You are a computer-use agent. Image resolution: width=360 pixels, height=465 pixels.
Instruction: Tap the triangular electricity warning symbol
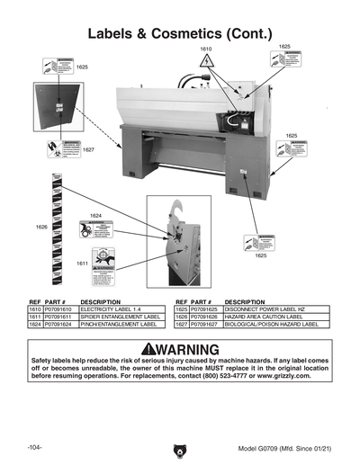[x=207, y=61]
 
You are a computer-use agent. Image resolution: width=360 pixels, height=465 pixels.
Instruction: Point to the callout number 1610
[x=206, y=48]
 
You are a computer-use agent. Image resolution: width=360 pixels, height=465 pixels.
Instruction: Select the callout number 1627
[x=89, y=149]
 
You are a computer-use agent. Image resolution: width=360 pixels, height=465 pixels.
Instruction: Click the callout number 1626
[x=40, y=227]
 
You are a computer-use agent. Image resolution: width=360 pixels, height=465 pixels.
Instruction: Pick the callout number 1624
[x=96, y=216]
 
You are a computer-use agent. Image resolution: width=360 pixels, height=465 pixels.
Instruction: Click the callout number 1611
[x=82, y=264]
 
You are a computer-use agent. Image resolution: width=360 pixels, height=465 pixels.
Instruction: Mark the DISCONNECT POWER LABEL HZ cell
[x=261, y=309]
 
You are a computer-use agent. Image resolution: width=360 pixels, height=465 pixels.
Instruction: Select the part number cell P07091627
[x=205, y=323]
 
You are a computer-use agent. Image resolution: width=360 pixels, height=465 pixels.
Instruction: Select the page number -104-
[x=35, y=447]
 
